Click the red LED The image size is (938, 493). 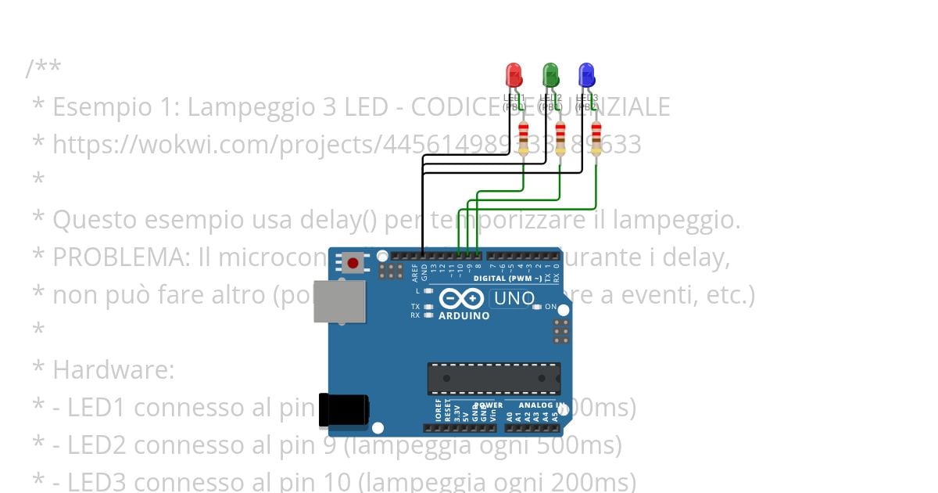tap(514, 76)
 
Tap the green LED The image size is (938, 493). tap(550, 76)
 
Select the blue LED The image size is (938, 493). tap(586, 76)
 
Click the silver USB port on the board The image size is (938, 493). tap(339, 301)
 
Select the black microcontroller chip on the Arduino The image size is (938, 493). tap(493, 378)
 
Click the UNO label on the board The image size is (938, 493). tap(514, 298)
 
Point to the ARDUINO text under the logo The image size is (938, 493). tap(464, 316)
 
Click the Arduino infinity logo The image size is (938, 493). tap(463, 298)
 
